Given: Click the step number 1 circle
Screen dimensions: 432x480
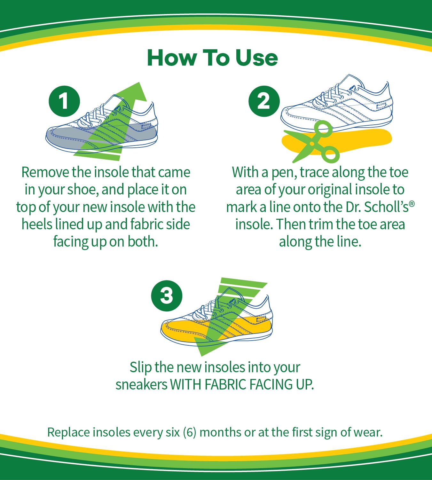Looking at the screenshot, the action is coord(64,101).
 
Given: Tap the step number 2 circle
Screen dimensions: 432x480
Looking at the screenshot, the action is coord(264,101).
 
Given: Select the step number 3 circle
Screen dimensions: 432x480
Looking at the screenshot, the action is coord(167,296).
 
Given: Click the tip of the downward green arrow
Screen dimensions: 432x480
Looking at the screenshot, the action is coord(201,356).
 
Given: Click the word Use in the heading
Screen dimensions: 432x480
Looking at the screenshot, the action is coord(256,58).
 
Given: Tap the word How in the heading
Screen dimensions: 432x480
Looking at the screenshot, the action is coord(171,58).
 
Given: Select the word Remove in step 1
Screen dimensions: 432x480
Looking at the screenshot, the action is coord(45,172).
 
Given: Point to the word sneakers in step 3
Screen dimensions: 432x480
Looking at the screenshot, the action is coord(141,385).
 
